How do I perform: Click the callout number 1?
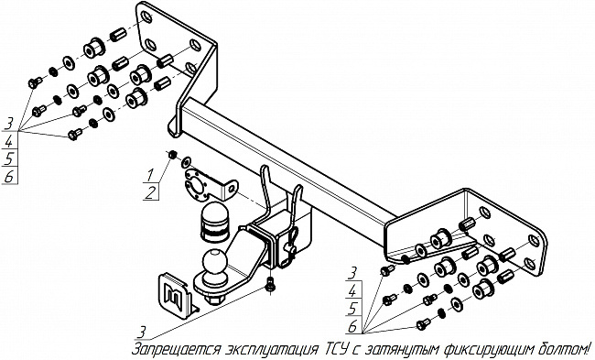tap(150, 175)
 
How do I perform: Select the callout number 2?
tap(150, 192)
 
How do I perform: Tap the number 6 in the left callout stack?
tap(9, 177)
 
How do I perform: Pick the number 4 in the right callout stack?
tap(352, 291)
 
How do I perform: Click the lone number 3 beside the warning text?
tap(141, 333)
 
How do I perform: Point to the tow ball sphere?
tap(214, 262)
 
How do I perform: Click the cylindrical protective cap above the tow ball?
tap(213, 222)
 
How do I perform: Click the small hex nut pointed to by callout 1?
tap(172, 155)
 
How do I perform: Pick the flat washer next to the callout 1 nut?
tap(186, 162)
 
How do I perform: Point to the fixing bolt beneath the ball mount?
tap(270, 285)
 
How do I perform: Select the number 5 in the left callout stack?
tap(9, 158)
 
